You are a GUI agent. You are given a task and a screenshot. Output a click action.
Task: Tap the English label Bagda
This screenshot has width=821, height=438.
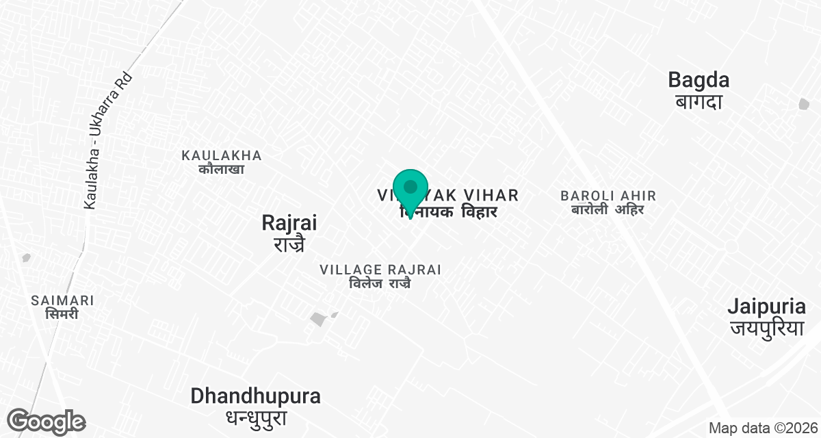pos(699,80)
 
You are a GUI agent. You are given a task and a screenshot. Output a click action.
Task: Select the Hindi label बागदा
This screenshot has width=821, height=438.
pos(699,102)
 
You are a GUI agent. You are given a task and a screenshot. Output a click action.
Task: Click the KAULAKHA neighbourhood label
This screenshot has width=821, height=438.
pos(222,155)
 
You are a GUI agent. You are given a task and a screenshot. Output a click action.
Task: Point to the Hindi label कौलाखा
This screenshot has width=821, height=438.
pos(222,168)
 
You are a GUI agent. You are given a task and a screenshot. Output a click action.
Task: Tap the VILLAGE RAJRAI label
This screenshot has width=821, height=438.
pos(380,270)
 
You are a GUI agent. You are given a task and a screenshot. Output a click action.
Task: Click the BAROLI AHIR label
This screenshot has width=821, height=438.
pos(608,196)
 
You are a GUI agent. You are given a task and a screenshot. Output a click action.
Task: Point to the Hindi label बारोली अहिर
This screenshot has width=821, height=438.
pos(608,209)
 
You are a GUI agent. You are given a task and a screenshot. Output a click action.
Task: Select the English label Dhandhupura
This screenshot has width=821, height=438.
pos(255,396)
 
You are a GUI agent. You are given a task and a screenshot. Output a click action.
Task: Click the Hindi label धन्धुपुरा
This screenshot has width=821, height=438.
pos(255,417)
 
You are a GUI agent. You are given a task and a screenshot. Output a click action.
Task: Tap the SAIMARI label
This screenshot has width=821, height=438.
pos(62,300)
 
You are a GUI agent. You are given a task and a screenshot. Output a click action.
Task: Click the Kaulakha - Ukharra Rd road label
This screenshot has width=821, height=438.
pos(106,140)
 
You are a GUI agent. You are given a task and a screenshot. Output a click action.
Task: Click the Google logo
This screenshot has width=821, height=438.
pos(47,421)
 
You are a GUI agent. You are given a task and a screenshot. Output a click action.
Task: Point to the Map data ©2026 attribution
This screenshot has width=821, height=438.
pos(761,428)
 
